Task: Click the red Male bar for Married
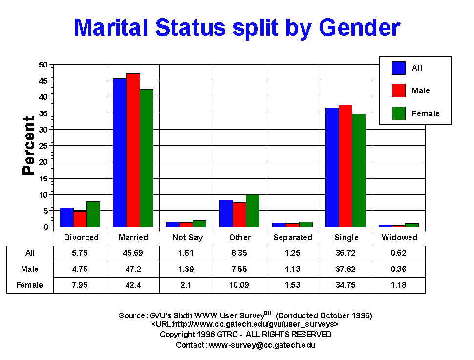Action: pyautogui.click(x=133, y=150)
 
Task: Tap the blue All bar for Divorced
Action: pyautogui.click(x=67, y=217)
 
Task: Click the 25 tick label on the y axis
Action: pyautogui.click(x=43, y=146)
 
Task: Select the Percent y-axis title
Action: pyautogui.click(x=29, y=145)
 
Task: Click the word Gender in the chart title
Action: pyautogui.click(x=359, y=28)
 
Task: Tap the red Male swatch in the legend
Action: pyautogui.click(x=399, y=90)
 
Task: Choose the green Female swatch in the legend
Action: pyautogui.click(x=399, y=113)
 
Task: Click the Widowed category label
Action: pyautogui.click(x=399, y=237)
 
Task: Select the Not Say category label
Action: pyautogui.click(x=187, y=237)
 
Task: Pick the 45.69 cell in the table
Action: pyautogui.click(x=133, y=253)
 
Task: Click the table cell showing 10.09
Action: pyautogui.click(x=239, y=285)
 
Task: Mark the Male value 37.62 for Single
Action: pyautogui.click(x=346, y=269)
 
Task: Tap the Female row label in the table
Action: pyautogui.click(x=30, y=285)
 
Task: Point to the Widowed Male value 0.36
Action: pyautogui.click(x=399, y=269)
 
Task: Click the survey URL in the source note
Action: pyautogui.click(x=244, y=324)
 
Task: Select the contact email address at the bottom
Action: pyautogui.click(x=262, y=345)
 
